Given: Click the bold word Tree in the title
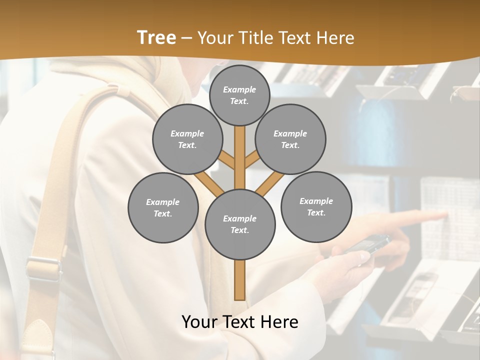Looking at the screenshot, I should [156, 37].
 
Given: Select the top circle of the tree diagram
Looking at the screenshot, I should [239, 95].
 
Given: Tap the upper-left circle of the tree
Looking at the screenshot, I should [187, 139].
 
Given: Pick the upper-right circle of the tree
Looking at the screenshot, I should [290, 139].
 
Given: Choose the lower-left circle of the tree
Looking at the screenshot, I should [163, 207].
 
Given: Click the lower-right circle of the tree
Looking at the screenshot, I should [316, 206].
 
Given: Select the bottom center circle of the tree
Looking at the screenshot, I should [240, 224].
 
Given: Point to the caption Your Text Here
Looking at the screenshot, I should [240, 321].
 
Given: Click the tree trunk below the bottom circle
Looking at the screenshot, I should [240, 280].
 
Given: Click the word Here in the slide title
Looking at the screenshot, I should [336, 37].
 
